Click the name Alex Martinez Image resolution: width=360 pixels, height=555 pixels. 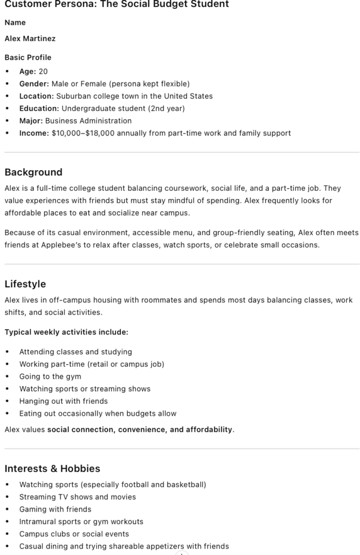(30, 38)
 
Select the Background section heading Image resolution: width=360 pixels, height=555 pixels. (34, 172)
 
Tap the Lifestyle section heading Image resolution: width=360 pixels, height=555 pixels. (25, 284)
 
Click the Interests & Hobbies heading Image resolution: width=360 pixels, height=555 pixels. (53, 468)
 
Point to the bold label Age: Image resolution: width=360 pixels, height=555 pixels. (28, 71)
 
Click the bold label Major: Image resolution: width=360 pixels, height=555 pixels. (31, 120)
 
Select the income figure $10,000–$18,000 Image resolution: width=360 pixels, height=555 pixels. (83, 133)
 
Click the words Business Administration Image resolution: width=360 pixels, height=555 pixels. (88, 120)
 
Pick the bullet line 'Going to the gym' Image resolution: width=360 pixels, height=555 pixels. (50, 376)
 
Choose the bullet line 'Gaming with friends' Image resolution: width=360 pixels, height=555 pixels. (55, 509)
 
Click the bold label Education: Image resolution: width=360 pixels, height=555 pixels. (39, 108)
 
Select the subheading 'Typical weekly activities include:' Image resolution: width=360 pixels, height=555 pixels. (67, 332)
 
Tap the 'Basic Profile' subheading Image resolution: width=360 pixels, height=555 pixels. (28, 57)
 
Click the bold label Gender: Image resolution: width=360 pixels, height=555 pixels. (34, 83)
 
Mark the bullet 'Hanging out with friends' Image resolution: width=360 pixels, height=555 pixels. (63, 401)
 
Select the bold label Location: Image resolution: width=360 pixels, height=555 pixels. (37, 96)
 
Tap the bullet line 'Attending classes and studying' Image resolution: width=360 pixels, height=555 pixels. (75, 352)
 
